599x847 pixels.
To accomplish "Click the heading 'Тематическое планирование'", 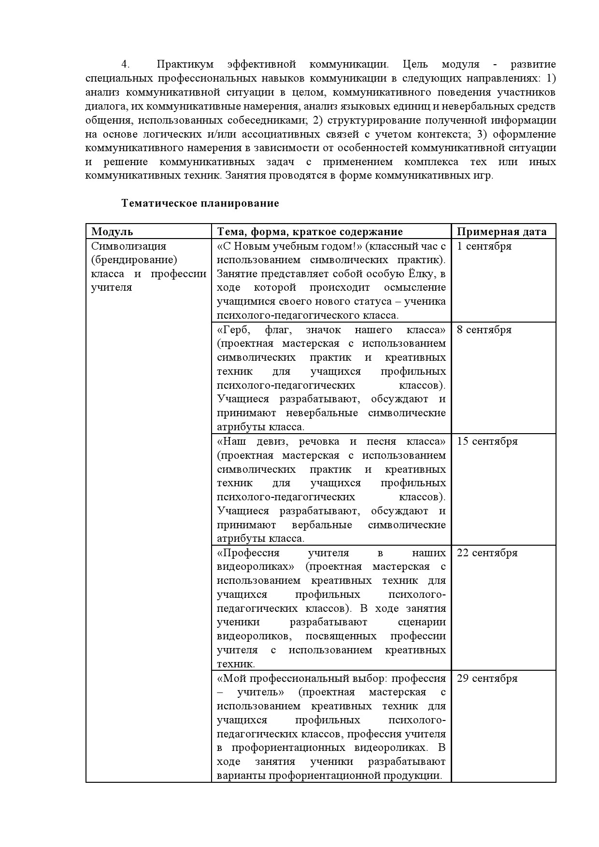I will point(200,203).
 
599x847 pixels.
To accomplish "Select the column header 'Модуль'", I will point(112,232).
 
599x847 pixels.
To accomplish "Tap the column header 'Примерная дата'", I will point(501,232).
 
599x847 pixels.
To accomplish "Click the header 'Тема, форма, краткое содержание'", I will point(310,232).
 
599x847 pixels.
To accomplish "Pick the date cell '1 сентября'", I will point(484,246).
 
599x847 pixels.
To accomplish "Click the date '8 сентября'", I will point(484,330).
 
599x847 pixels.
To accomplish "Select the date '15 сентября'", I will point(487,441).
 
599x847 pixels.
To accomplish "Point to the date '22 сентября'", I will point(487,553).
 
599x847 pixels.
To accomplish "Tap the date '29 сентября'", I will point(487,678).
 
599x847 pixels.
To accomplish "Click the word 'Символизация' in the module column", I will point(128,246).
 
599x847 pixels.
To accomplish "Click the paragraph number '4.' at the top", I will point(126,64).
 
